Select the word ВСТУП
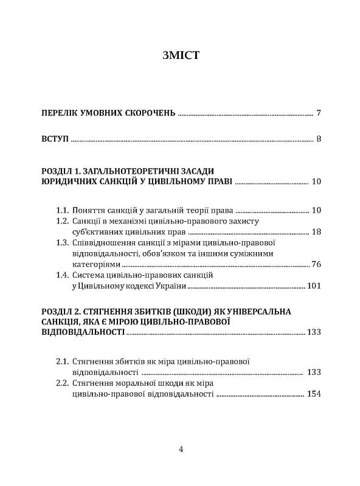pyautogui.click(x=55, y=139)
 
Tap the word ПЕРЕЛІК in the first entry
pyautogui.click(x=61, y=113)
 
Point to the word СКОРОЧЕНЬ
pyautogui.click(x=149, y=113)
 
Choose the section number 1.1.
pyautogui.click(x=62, y=210)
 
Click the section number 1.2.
pyautogui.click(x=62, y=221)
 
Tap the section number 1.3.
pyautogui.click(x=62, y=243)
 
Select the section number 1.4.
pyautogui.click(x=62, y=275)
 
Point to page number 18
pyautogui.click(x=315, y=232)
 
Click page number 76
pyautogui.click(x=315, y=264)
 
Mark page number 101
pyautogui.click(x=313, y=286)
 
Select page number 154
pyautogui.click(x=313, y=394)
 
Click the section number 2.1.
pyautogui.click(x=62, y=361)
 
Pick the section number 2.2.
pyautogui.click(x=62, y=383)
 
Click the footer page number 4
pyautogui.click(x=181, y=449)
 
